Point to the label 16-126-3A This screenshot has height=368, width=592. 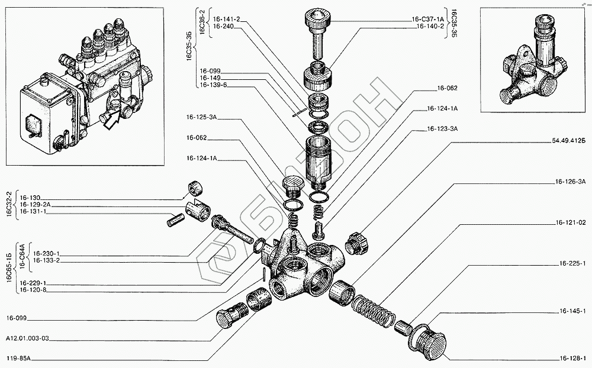pos(571,181)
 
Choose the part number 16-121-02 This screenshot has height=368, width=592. pos(571,223)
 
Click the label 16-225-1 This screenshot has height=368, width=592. pos(571,263)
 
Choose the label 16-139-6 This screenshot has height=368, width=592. pos(212,85)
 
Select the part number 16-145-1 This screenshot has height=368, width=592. pos(571,311)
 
